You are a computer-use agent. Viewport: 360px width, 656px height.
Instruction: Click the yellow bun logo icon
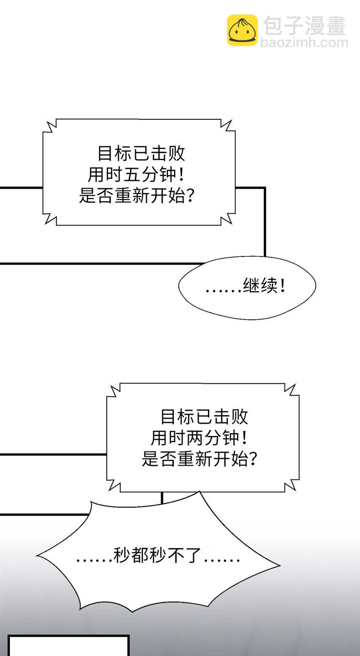pos(242,30)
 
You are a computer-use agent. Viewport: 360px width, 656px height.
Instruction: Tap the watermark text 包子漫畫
pos(305,26)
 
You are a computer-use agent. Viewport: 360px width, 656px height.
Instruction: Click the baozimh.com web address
pos(304,43)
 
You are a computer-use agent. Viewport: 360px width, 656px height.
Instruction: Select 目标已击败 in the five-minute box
pos(141,153)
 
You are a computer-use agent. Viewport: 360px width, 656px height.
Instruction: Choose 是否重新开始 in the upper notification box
pos(132,196)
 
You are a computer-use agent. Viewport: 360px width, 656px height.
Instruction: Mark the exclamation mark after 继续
pos(283,287)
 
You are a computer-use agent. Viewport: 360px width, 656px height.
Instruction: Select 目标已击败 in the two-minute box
pos(204,417)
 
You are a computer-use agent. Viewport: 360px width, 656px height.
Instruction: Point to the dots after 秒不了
pos(222,560)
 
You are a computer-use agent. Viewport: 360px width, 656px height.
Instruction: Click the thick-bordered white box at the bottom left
pos(68,646)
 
